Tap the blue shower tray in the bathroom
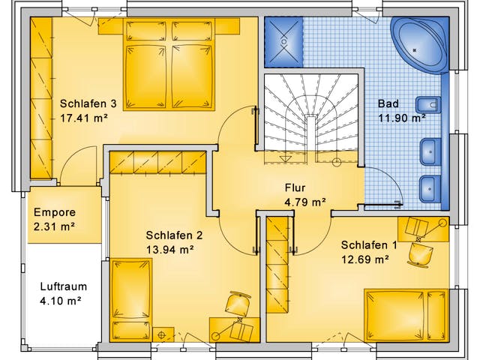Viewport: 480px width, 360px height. [x=283, y=42]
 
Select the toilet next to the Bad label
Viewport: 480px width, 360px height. [x=428, y=105]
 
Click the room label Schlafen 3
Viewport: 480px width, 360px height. [x=88, y=103]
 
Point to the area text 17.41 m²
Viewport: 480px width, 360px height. [x=84, y=118]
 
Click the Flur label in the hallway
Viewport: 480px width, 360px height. [x=295, y=187]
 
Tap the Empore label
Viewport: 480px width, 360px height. [x=55, y=212]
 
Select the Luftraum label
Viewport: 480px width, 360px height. [x=64, y=286]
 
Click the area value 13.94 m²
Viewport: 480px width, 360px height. [x=170, y=250]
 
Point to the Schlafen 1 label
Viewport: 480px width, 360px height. [x=369, y=245]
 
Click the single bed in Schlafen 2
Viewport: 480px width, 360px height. [x=131, y=300]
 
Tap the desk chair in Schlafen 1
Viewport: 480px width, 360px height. [x=420, y=255]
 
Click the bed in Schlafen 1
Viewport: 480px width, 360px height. [x=406, y=315]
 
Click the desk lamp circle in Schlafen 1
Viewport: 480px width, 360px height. [x=442, y=223]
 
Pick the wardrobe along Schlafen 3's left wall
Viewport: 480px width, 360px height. [x=41, y=98]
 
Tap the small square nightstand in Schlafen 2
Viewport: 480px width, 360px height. [x=163, y=334]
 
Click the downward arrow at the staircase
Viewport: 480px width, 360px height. [x=286, y=157]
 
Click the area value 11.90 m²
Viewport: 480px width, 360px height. [x=402, y=118]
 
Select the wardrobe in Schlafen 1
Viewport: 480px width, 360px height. [x=277, y=265]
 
